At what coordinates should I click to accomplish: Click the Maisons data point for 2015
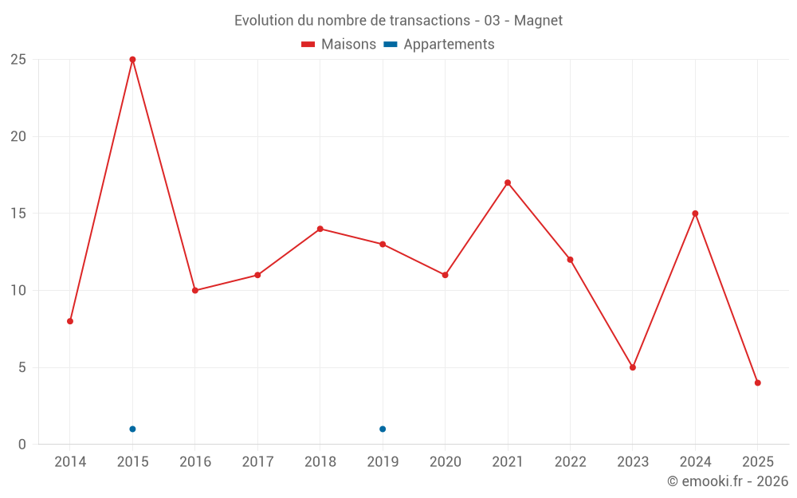point(132,60)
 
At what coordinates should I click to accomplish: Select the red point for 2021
point(508,182)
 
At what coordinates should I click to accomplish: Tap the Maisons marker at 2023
point(633,367)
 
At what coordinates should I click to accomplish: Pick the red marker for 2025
point(758,382)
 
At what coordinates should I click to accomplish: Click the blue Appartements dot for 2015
point(132,429)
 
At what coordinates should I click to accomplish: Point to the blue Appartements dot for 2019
point(383,429)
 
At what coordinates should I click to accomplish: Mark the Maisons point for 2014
point(70,321)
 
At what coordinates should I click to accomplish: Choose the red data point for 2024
point(695,214)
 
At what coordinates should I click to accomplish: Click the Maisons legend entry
point(339,45)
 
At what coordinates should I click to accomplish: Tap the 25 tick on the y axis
point(18,60)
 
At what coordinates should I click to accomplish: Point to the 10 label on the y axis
point(18,291)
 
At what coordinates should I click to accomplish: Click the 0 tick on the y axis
point(22,445)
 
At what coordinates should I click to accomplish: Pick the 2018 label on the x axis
point(320,462)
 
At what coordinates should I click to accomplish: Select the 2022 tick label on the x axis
point(570,462)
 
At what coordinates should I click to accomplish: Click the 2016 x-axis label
point(195,462)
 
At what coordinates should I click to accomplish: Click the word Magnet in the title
point(539,21)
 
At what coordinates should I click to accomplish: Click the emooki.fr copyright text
point(728,481)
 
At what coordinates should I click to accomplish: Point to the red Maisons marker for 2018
point(320,229)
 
